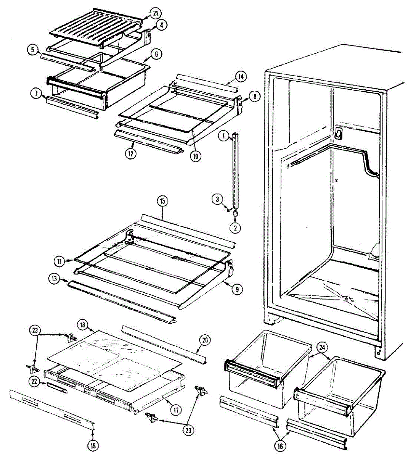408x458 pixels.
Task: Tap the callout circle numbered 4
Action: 162,25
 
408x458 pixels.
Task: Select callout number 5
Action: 33,49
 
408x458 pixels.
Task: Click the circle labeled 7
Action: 37,93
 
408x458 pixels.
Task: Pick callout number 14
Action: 241,77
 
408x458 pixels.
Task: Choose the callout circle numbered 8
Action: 255,96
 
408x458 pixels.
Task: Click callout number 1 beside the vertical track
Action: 223,135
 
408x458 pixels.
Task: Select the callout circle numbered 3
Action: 217,199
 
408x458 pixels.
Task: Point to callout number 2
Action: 235,228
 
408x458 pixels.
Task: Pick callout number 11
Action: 59,261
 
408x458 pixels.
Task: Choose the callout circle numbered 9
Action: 237,289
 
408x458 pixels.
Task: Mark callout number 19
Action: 93,445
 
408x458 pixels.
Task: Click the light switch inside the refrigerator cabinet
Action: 338,133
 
